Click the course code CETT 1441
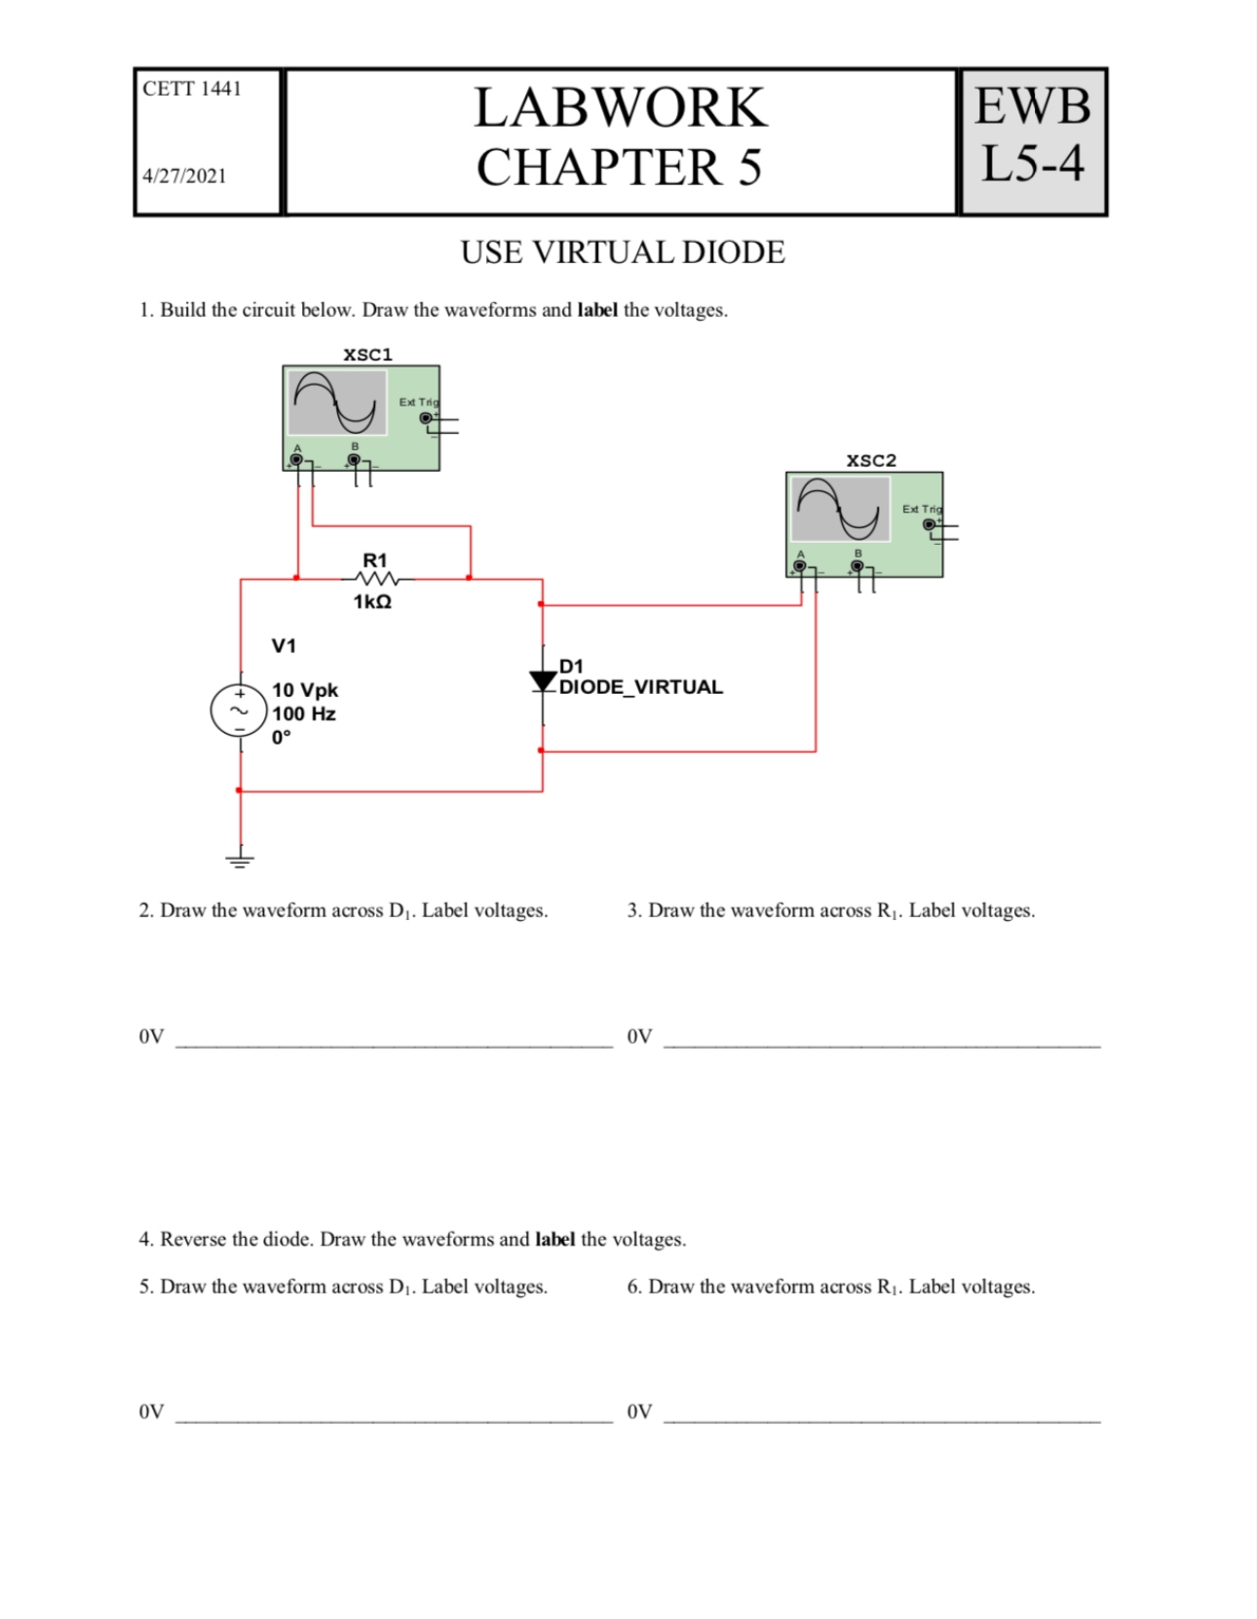[x=191, y=89]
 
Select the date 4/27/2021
[x=184, y=176]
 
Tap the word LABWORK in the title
[x=620, y=107]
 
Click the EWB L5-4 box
[x=1033, y=142]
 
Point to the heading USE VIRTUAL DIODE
[x=622, y=252]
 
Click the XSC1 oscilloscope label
[x=367, y=355]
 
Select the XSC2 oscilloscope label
[x=870, y=461]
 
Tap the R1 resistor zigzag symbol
[x=374, y=580]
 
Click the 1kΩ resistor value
[x=372, y=602]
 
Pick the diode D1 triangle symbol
[x=542, y=681]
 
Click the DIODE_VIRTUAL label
[x=640, y=687]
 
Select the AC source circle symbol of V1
[x=239, y=710]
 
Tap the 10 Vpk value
[x=305, y=690]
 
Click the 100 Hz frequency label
[x=303, y=713]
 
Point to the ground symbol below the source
[x=240, y=860]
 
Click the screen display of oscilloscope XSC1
[x=337, y=403]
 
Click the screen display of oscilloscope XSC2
[x=840, y=509]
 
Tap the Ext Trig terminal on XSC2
[x=929, y=524]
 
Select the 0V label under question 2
[x=151, y=1036]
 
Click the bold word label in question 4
[x=554, y=1240]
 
